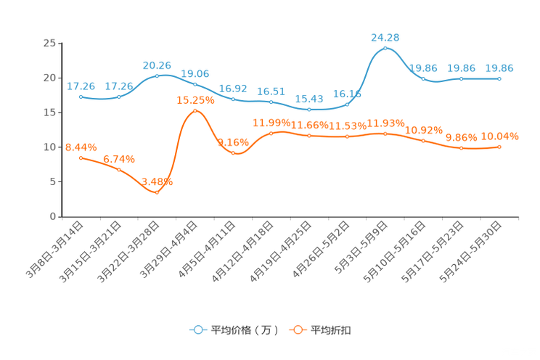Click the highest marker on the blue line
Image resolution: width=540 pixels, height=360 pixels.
(x=385, y=48)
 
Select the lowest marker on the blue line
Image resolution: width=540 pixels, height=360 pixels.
(x=309, y=110)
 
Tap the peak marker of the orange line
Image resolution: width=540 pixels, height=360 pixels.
(x=195, y=111)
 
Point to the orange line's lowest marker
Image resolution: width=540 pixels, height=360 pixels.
(x=157, y=192)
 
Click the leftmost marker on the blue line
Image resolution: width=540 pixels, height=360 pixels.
(x=81, y=97)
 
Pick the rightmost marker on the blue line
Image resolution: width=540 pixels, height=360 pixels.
(x=499, y=78)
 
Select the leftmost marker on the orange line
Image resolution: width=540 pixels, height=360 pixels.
(x=81, y=157)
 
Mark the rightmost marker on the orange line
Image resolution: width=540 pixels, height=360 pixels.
(x=499, y=147)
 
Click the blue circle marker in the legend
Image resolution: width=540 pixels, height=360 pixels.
(x=197, y=330)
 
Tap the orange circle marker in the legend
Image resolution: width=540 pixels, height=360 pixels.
(x=298, y=330)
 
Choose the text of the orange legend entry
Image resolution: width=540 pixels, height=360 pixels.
(x=332, y=330)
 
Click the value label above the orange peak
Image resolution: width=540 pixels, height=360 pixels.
(x=195, y=100)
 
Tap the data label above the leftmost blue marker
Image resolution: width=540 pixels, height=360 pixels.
(x=80, y=86)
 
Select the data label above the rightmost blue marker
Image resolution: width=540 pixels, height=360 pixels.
(x=499, y=67)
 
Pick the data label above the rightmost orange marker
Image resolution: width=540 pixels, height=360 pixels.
(x=500, y=136)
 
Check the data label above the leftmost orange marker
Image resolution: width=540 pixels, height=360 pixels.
(x=81, y=147)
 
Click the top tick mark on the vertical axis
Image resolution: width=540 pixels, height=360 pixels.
(x=59, y=44)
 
